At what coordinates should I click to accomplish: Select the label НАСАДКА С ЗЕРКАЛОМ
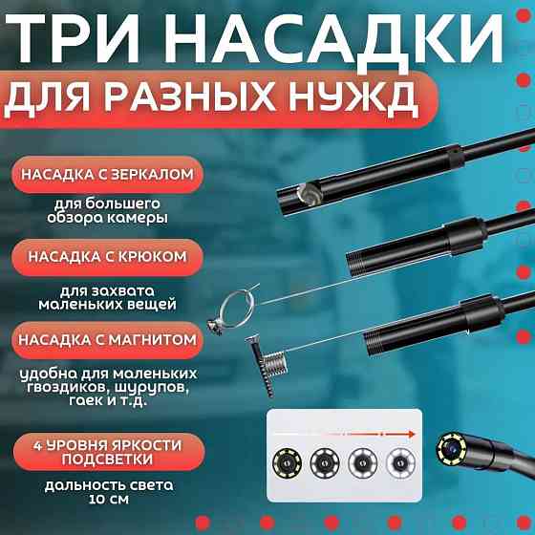123,175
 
